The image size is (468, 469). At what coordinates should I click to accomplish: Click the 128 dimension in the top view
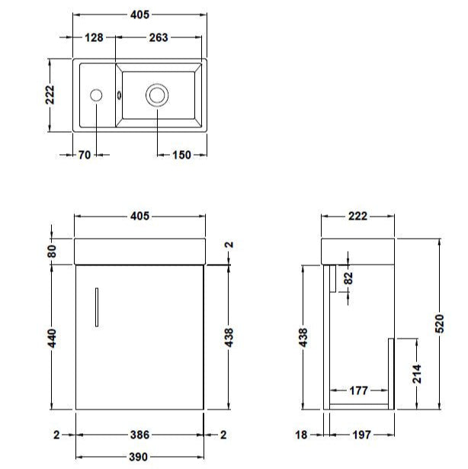(95, 38)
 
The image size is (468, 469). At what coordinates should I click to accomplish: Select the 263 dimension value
(159, 38)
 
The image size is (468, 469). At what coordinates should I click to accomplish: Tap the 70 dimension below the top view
(84, 155)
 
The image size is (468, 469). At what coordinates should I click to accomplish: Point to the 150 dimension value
(181, 155)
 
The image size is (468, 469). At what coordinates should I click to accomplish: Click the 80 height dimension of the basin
(50, 249)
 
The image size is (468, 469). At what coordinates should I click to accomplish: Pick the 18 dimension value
(303, 435)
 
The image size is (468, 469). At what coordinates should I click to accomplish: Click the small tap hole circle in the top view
(96, 95)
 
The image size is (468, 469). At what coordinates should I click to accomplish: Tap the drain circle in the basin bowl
(157, 95)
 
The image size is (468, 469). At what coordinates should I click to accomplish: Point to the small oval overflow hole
(119, 95)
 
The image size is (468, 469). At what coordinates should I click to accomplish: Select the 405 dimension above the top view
(139, 14)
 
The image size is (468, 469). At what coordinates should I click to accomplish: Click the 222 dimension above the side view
(357, 216)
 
